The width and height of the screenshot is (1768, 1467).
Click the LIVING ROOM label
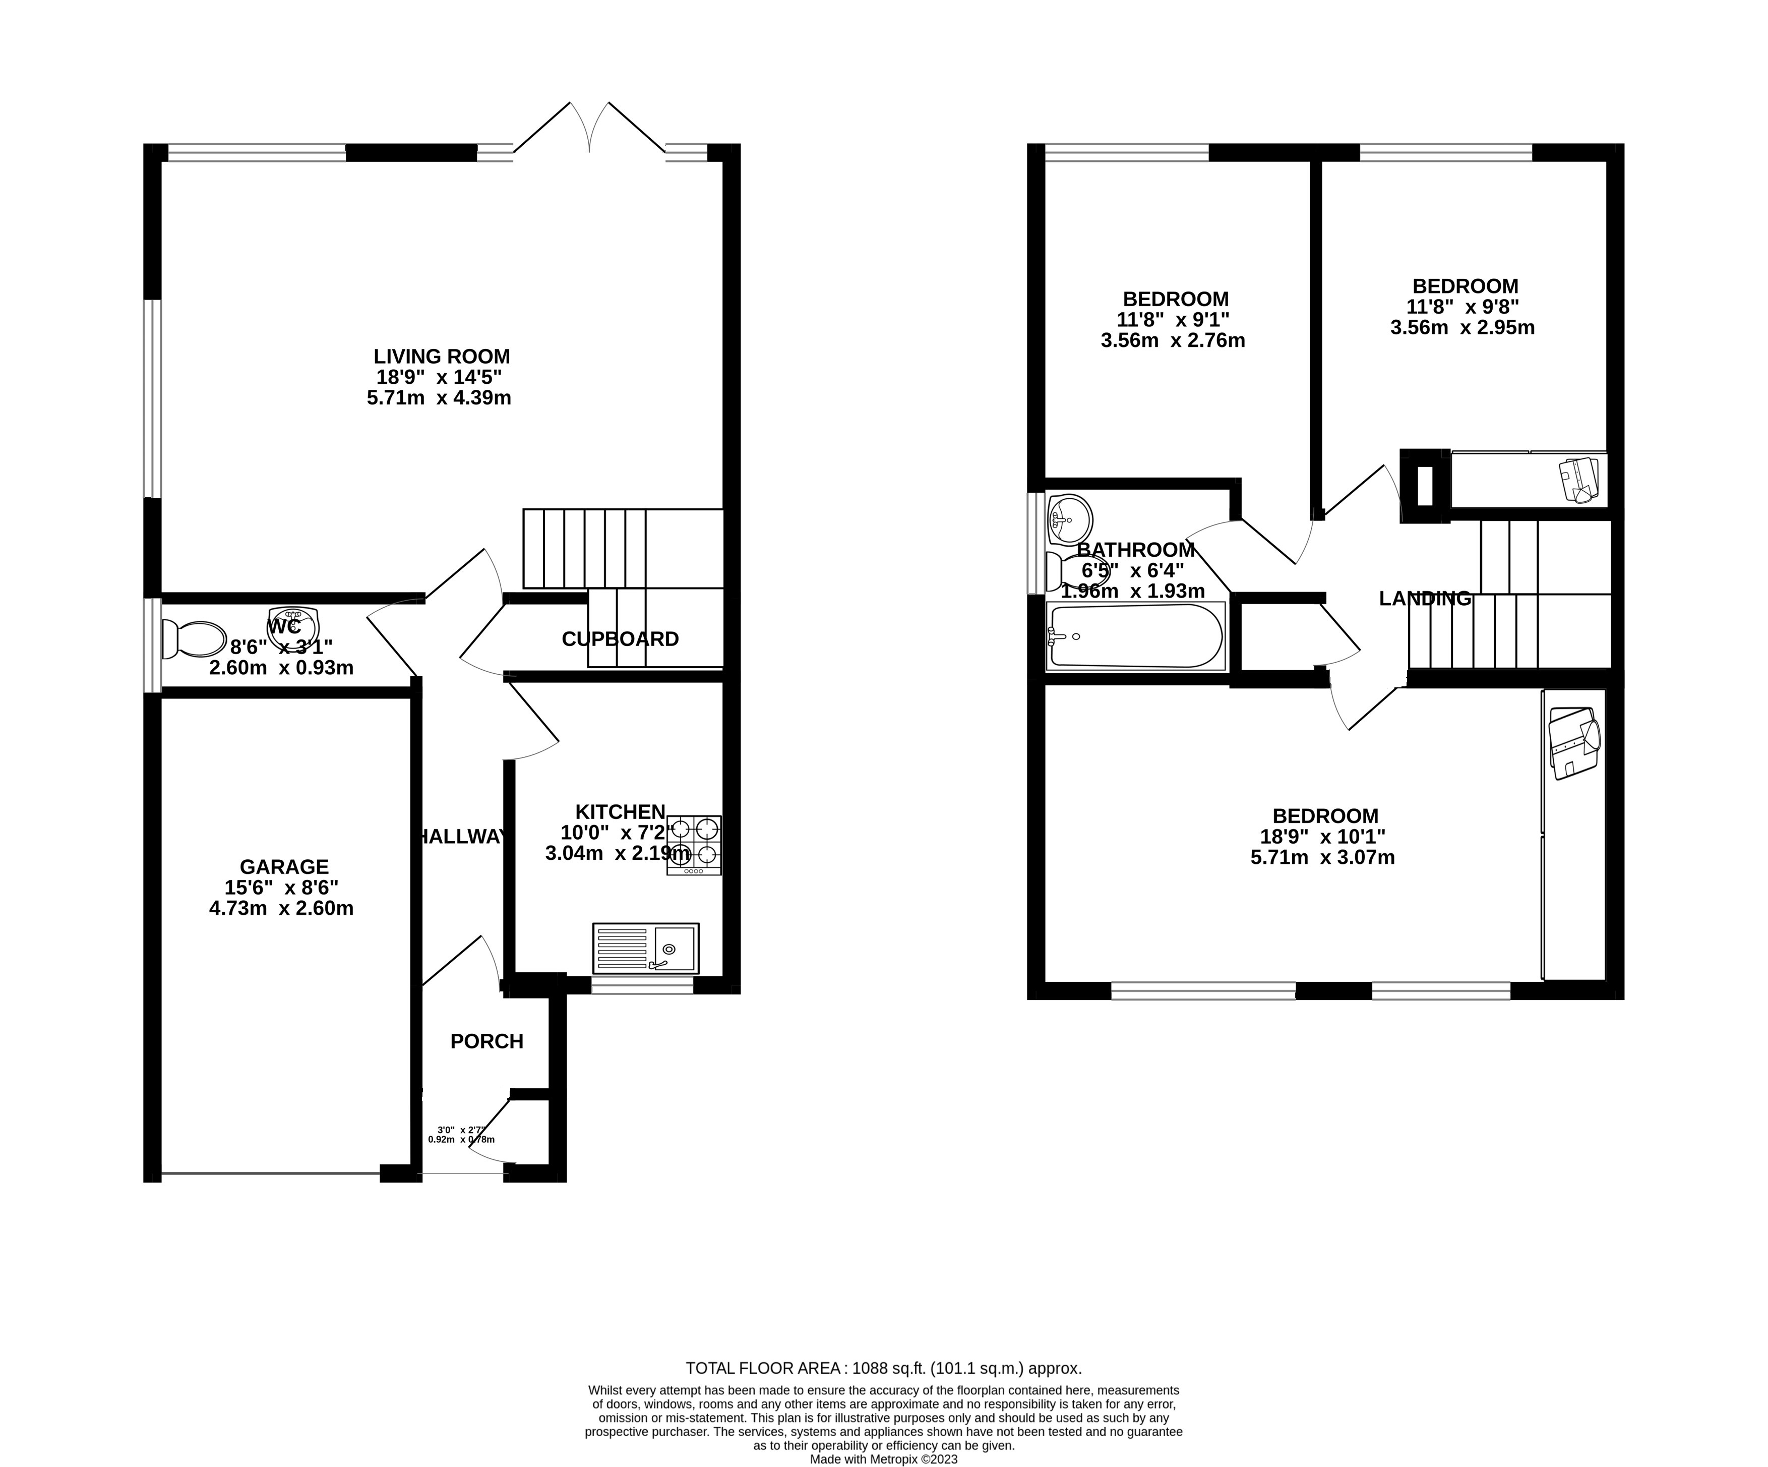(x=442, y=356)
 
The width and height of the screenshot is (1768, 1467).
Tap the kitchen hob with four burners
(x=694, y=845)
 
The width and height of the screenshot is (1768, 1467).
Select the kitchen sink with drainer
(x=646, y=948)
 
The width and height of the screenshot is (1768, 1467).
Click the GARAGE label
(x=284, y=866)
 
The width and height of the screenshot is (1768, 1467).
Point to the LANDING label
(x=1425, y=599)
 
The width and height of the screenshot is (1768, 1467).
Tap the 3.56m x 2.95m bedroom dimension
(x=1462, y=328)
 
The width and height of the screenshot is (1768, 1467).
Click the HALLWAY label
(x=462, y=836)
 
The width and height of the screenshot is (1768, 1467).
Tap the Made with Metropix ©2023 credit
(x=883, y=1459)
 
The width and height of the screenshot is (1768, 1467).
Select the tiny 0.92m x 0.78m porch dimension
(x=460, y=1139)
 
